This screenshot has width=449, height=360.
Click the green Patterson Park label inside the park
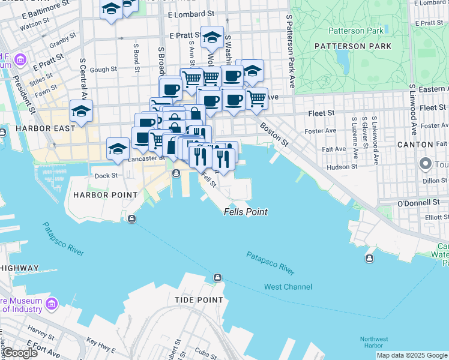coord(355,31)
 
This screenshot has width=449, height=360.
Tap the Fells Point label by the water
coord(246,212)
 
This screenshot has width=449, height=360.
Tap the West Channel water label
coord(288,287)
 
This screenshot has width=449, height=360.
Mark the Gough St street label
coord(103,70)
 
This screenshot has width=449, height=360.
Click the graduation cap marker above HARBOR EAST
coord(81,110)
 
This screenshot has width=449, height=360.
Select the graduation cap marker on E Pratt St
coord(212,37)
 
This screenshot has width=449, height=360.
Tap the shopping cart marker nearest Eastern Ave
coord(256,97)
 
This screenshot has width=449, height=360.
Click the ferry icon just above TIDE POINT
coord(217,277)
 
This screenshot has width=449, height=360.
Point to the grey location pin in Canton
coord(426,163)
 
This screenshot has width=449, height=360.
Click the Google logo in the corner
coord(19,353)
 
